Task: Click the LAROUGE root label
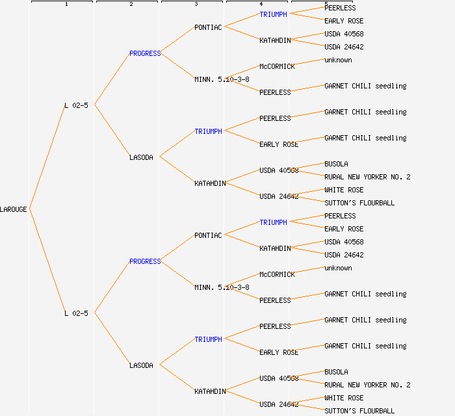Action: pyautogui.click(x=14, y=209)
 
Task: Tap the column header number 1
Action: pyautogui.click(x=66, y=5)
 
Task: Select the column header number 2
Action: pyautogui.click(x=131, y=5)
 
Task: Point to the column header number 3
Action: pyautogui.click(x=196, y=5)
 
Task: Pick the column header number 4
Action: pyautogui.click(x=261, y=5)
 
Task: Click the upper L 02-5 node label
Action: pyautogui.click(x=76, y=105)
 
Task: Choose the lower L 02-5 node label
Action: pyautogui.click(x=76, y=313)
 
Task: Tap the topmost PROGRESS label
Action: pyautogui.click(x=144, y=53)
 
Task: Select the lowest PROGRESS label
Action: pyautogui.click(x=144, y=261)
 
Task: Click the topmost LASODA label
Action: pyautogui.click(x=141, y=157)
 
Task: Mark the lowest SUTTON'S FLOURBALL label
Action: pyautogui.click(x=359, y=411)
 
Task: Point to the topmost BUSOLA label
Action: pyautogui.click(x=336, y=164)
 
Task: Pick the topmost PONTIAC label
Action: pyautogui.click(x=208, y=27)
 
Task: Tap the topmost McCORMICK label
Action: pyautogui.click(x=277, y=66)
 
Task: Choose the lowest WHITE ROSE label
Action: pyautogui.click(x=344, y=398)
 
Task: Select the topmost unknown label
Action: pyautogui.click(x=338, y=60)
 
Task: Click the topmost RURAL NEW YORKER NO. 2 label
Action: pyautogui.click(x=367, y=177)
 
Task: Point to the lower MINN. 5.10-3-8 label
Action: pyautogui.click(x=222, y=287)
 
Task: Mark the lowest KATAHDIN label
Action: pyautogui.click(x=210, y=391)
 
